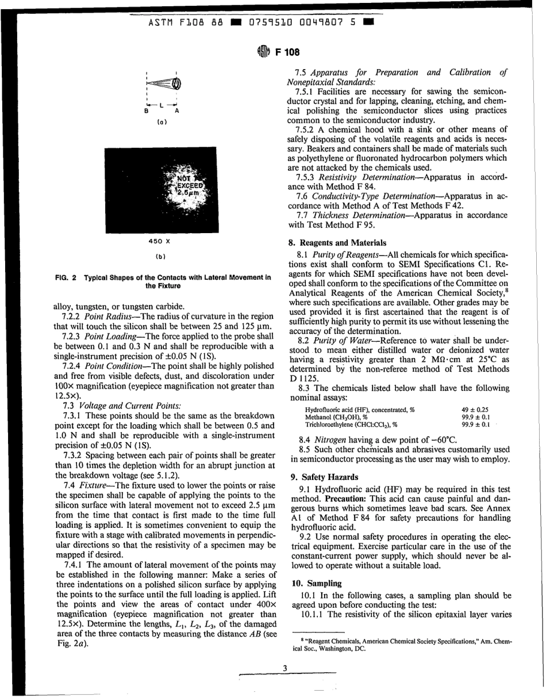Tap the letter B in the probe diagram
tap(147, 112)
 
